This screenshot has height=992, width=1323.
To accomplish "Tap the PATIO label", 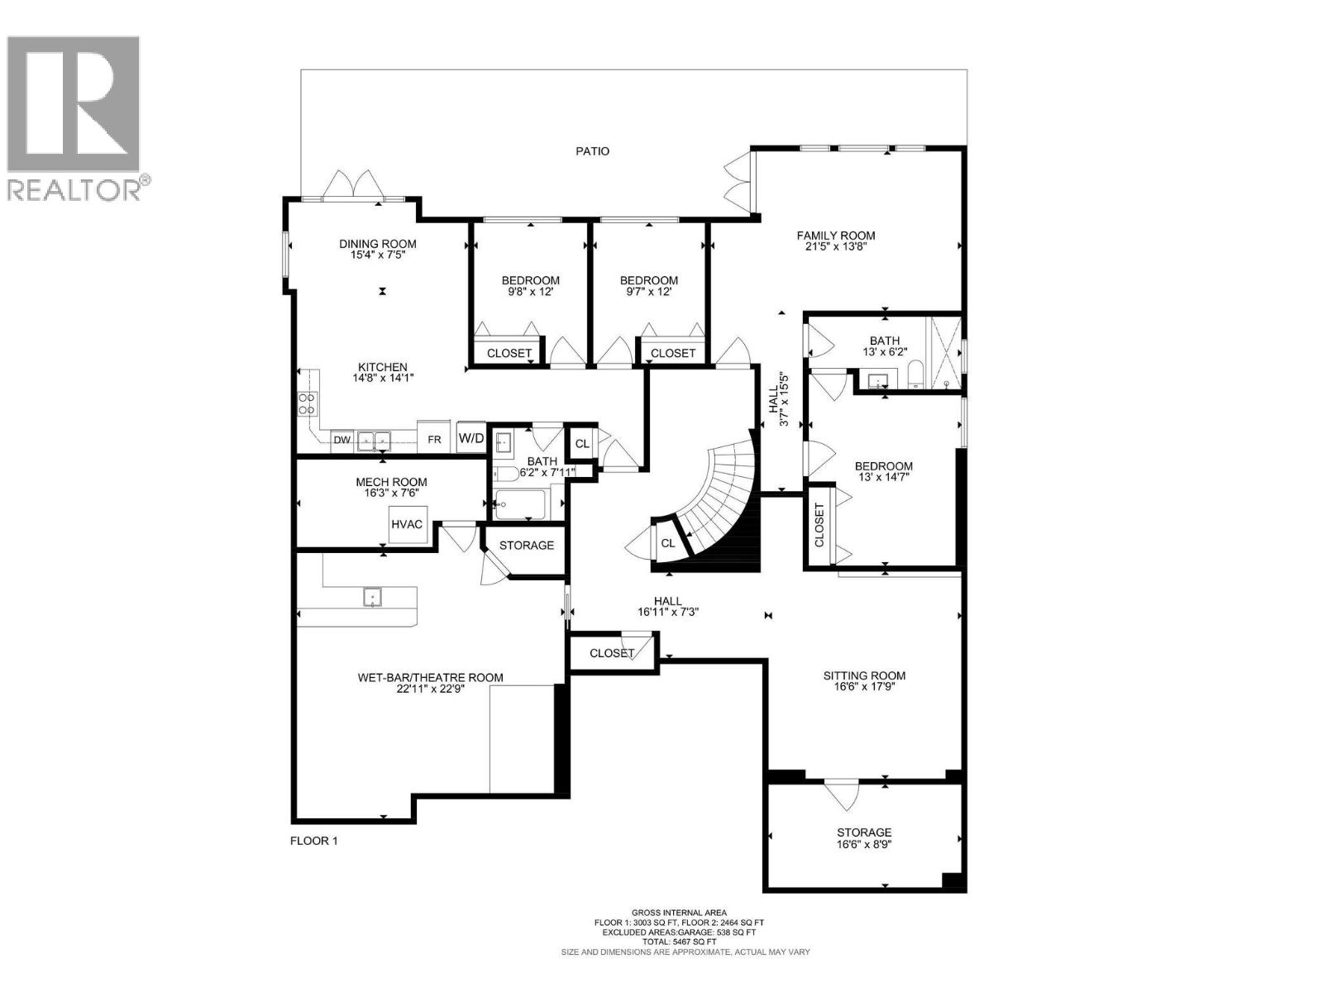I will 592,151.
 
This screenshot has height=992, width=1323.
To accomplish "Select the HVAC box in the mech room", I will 407,525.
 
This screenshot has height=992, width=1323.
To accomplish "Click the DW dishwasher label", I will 341,441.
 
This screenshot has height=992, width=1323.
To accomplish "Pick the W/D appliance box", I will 471,437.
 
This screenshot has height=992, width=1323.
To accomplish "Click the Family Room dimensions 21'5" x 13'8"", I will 835,246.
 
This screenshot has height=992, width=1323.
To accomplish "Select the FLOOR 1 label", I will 314,841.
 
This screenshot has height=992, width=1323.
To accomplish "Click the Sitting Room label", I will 864,675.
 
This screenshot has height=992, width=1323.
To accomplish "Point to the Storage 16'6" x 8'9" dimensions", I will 864,844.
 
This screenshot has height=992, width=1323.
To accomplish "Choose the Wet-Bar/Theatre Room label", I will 430,678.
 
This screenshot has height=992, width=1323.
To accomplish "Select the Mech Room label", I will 391,482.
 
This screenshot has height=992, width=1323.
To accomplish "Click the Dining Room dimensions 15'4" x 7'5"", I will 377,255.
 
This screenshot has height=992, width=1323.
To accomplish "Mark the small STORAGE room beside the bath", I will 526,546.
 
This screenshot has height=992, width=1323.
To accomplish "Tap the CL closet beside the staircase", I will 667,543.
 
